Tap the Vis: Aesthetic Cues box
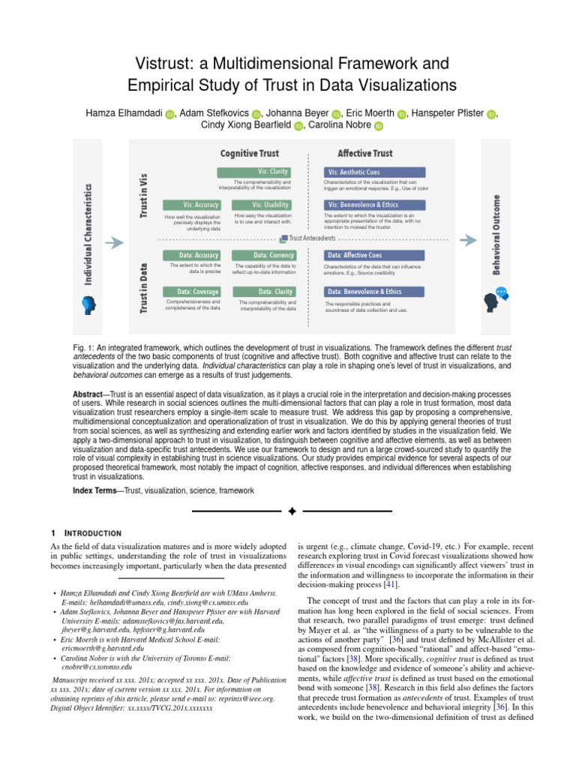point(373,172)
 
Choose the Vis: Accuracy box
point(192,205)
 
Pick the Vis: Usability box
point(261,205)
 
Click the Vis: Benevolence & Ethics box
point(373,205)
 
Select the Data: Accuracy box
point(192,255)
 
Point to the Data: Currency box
point(261,255)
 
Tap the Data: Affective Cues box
point(373,255)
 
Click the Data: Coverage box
point(192,291)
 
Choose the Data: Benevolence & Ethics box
point(373,291)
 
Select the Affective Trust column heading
point(364,153)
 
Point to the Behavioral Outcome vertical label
point(497,235)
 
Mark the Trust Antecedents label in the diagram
point(312,238)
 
